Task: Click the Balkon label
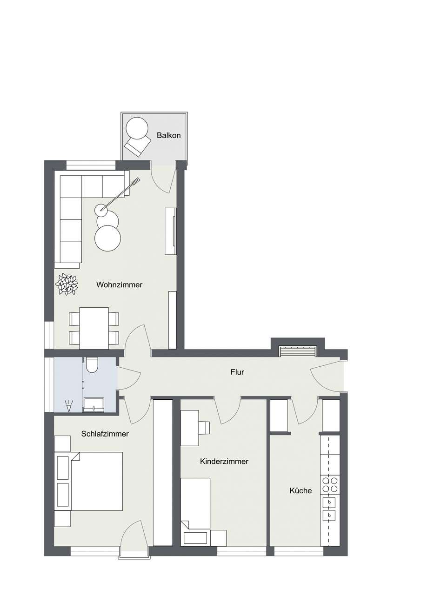pyautogui.click(x=168, y=136)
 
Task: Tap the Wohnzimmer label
pyautogui.click(x=119, y=284)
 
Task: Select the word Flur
pyautogui.click(x=237, y=372)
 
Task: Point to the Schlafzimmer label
pyautogui.click(x=105, y=434)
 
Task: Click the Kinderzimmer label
pyautogui.click(x=224, y=462)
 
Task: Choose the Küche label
pyautogui.click(x=301, y=490)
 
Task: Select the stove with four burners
pyautogui.click(x=330, y=485)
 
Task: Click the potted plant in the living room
pyautogui.click(x=67, y=284)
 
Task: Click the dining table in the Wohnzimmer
pyautogui.click(x=94, y=328)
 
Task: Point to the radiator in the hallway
pyautogui.click(x=297, y=352)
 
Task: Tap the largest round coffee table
pyautogui.click(x=107, y=238)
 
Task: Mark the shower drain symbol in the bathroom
pyautogui.click(x=69, y=407)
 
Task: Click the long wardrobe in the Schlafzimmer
pyautogui.click(x=163, y=472)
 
